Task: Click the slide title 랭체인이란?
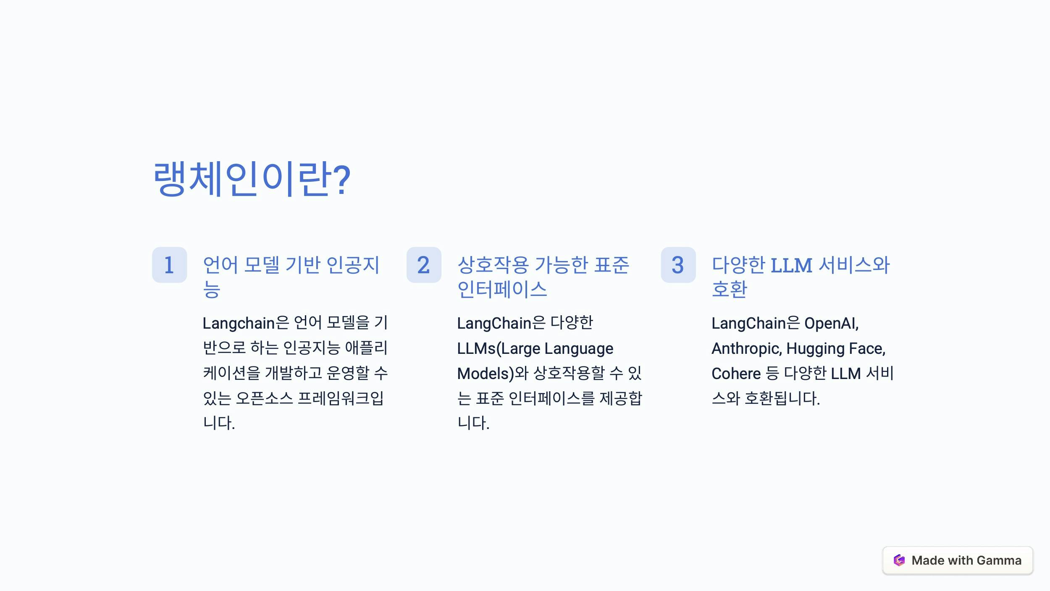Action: pos(252,179)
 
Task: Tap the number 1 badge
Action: pos(169,265)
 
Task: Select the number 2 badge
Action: pos(424,265)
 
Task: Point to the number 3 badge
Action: pos(678,265)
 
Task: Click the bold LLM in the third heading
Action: pos(791,265)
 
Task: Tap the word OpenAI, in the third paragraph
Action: pos(831,323)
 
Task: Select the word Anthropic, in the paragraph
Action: pos(746,348)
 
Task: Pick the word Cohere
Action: pos(736,374)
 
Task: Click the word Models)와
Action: pos(493,374)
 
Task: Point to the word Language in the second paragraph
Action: pos(579,349)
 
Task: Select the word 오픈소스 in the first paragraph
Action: pos(264,398)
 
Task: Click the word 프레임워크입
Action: pos(341,398)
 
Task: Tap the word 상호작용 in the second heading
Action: pos(493,265)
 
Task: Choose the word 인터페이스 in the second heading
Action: pos(502,289)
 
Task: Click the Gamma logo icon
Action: pos(899,560)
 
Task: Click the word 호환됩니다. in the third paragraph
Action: pos(782,398)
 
